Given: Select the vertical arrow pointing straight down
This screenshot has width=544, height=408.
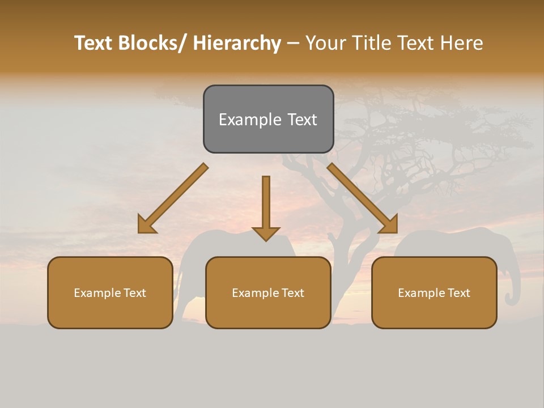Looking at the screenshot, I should pos(266,204).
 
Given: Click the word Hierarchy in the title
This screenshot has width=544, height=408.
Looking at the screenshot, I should pos(237,44).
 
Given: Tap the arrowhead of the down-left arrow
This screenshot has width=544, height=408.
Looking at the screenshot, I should pos(147,225).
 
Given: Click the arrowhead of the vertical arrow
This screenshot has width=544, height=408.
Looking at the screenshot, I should pos(266,233).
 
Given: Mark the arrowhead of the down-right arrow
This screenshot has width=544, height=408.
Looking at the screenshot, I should pos(389,225).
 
